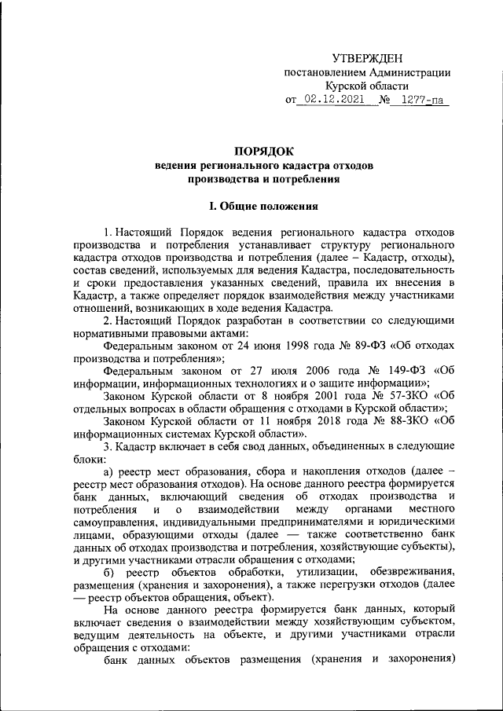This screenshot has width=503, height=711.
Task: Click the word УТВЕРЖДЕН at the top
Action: [x=367, y=58]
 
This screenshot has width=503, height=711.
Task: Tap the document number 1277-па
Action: [x=422, y=100]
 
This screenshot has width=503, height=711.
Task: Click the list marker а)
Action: [x=110, y=471]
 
